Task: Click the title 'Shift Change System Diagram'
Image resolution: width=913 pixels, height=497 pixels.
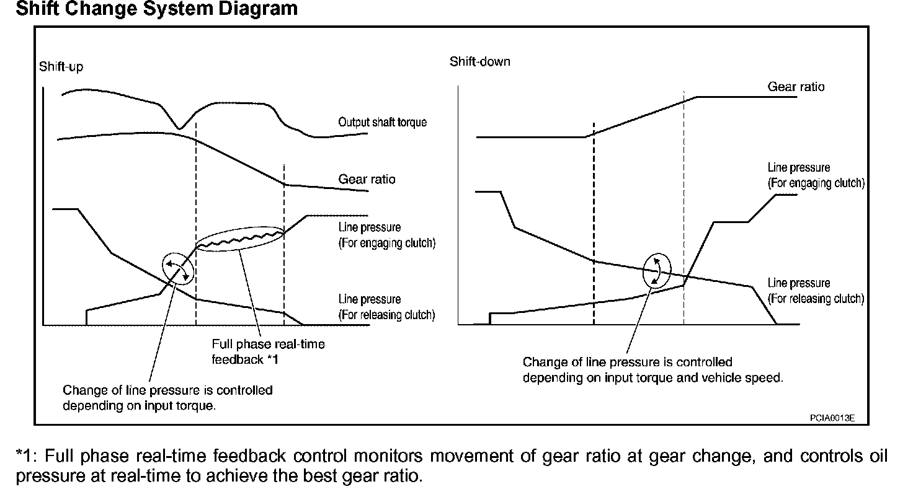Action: (x=157, y=9)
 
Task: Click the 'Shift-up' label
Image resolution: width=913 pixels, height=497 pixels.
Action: (x=61, y=67)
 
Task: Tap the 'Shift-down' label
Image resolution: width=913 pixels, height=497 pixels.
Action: (x=479, y=61)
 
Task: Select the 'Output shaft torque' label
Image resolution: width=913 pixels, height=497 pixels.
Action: (x=382, y=122)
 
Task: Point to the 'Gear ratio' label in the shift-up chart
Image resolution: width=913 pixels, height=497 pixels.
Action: (x=367, y=179)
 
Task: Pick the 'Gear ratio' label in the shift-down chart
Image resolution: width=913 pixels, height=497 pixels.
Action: (x=796, y=87)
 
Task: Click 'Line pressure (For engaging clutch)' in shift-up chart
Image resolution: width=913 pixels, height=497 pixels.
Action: (x=386, y=235)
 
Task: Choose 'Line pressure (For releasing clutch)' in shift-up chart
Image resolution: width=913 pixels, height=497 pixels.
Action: (x=386, y=307)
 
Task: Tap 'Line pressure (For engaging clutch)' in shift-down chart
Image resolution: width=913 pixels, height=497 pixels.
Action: (x=816, y=175)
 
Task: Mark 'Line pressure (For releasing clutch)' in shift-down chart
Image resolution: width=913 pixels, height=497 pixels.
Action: (x=815, y=291)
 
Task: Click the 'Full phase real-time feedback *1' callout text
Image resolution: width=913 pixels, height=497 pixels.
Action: (x=268, y=351)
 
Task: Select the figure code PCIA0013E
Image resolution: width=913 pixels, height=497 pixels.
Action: (x=832, y=418)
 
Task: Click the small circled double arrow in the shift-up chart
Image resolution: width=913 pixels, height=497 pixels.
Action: (x=178, y=268)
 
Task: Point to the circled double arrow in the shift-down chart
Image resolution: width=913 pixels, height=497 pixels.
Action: (x=657, y=271)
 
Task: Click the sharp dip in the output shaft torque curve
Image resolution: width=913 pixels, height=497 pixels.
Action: (x=179, y=128)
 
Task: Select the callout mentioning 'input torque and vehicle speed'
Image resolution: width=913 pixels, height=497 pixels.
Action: (x=652, y=369)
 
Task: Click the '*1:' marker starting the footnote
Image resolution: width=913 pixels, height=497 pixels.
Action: (x=27, y=457)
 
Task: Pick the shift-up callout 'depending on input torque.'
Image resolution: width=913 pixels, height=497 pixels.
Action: (x=139, y=405)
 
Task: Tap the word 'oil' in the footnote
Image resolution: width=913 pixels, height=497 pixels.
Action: (x=876, y=457)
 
